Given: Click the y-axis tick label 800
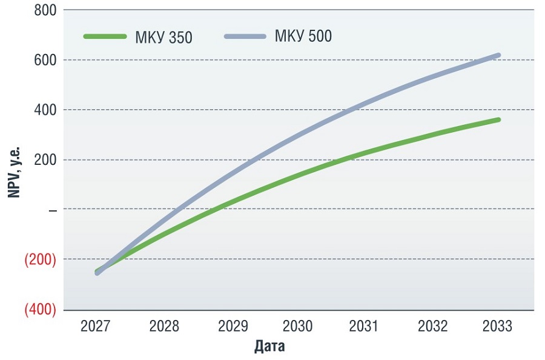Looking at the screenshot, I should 44,10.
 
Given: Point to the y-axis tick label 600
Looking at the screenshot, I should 44,60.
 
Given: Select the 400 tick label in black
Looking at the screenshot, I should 44,110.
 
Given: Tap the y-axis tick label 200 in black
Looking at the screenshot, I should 44,160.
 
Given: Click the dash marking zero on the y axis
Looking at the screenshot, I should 52,210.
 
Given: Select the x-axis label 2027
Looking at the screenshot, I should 95,327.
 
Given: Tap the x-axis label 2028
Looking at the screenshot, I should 164,327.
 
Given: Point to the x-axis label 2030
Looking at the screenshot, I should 297,327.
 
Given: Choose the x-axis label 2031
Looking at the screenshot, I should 364,327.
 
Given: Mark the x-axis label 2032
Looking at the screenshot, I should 432,327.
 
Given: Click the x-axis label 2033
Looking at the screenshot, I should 498,327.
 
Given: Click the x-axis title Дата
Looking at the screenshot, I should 269,347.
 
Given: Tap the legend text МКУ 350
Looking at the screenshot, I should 163,38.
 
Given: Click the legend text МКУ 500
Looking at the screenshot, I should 303,36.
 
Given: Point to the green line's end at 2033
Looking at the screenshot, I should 498,120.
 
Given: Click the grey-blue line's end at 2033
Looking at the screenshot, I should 498,55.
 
